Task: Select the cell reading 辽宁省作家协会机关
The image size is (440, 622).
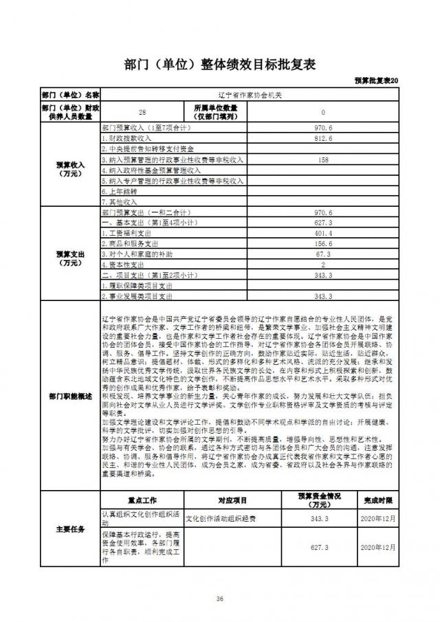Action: (x=249, y=94)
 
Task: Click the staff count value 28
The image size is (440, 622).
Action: (x=142, y=111)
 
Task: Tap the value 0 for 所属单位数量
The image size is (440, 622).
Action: (x=322, y=111)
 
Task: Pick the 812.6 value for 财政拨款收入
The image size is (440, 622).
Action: (x=322, y=139)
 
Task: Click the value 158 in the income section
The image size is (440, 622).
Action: (x=322, y=159)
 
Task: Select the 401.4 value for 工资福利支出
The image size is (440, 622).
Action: (x=322, y=233)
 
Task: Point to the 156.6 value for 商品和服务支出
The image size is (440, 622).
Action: (x=322, y=243)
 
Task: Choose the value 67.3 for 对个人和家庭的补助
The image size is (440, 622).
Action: (x=322, y=254)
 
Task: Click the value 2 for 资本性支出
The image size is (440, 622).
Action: (x=322, y=265)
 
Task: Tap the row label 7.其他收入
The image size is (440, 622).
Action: (x=120, y=202)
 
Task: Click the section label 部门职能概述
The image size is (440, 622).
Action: (x=70, y=396)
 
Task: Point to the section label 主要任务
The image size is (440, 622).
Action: (x=70, y=529)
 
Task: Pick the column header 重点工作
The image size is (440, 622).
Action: (x=142, y=500)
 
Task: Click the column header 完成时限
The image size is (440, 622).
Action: (x=378, y=500)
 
